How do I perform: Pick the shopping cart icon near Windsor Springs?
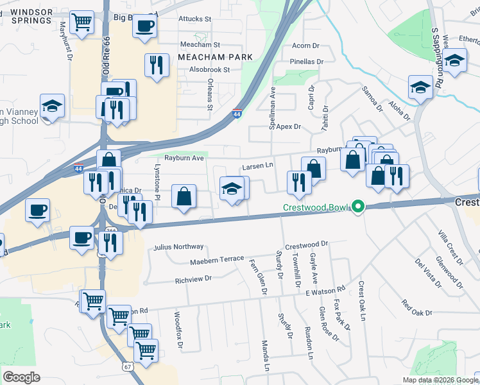tap(81, 22)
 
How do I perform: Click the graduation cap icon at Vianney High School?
tap(53, 105)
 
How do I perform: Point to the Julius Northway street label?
tap(179, 247)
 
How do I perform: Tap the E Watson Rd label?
tap(325, 292)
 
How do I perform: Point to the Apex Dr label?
tap(289, 127)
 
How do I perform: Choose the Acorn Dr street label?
tap(305, 46)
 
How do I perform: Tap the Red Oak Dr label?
tap(417, 307)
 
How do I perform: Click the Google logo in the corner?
tap(22, 377)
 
